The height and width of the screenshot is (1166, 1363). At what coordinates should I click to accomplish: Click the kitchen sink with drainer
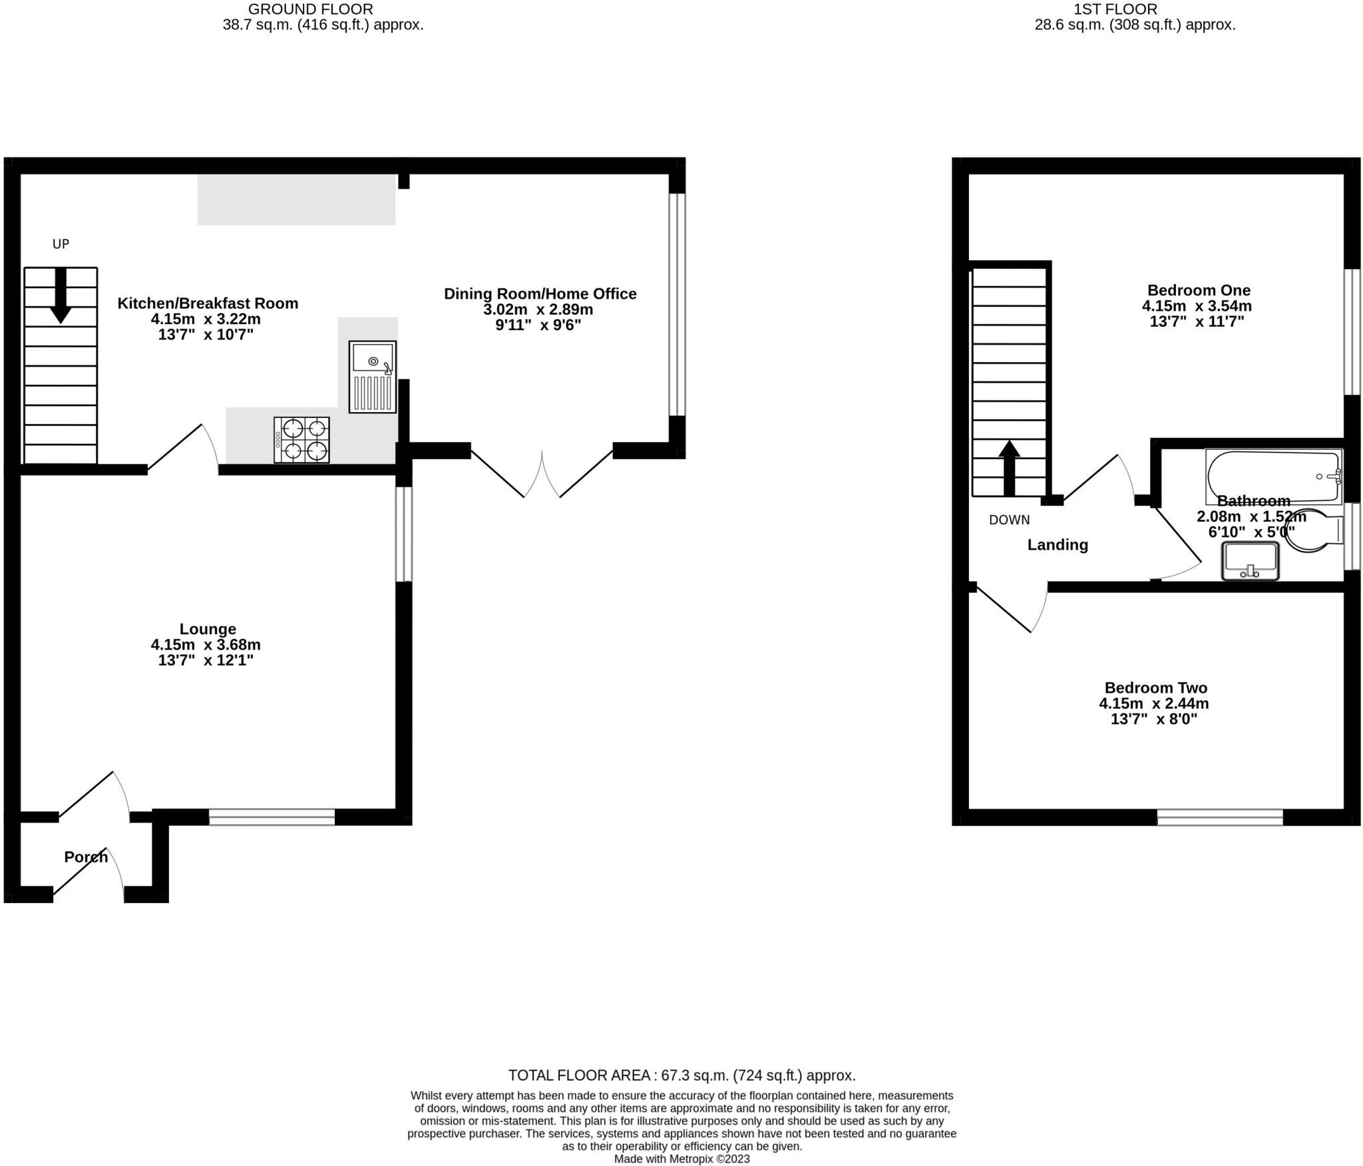373,377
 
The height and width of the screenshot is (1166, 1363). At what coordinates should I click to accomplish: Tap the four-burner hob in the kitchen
301,439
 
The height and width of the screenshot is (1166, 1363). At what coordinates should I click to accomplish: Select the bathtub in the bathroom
1274,476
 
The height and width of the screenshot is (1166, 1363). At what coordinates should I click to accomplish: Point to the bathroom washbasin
1251,560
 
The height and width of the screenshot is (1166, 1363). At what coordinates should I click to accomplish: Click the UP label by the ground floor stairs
61,244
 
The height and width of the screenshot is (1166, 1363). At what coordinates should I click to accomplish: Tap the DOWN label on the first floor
1009,520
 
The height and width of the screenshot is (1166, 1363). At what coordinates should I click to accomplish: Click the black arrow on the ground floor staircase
61,295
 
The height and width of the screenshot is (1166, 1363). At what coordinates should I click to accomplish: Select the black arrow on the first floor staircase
1009,468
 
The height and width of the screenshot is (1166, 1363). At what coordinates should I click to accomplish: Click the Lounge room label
208,629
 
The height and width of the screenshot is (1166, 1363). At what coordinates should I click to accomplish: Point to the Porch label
86,857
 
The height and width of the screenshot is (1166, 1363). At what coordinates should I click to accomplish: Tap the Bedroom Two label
1156,687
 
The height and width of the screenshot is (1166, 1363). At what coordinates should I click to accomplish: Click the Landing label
1058,544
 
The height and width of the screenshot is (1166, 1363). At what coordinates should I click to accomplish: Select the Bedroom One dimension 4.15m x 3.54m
1197,306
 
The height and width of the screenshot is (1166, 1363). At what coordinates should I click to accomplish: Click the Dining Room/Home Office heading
540,293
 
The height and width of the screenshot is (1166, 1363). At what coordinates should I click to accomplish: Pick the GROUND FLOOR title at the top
310,9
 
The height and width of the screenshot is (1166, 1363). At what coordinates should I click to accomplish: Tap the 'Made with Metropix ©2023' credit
681,1159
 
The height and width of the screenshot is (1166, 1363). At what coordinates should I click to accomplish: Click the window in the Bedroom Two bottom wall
1220,817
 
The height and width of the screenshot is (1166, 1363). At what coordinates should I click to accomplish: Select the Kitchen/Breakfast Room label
208,303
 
